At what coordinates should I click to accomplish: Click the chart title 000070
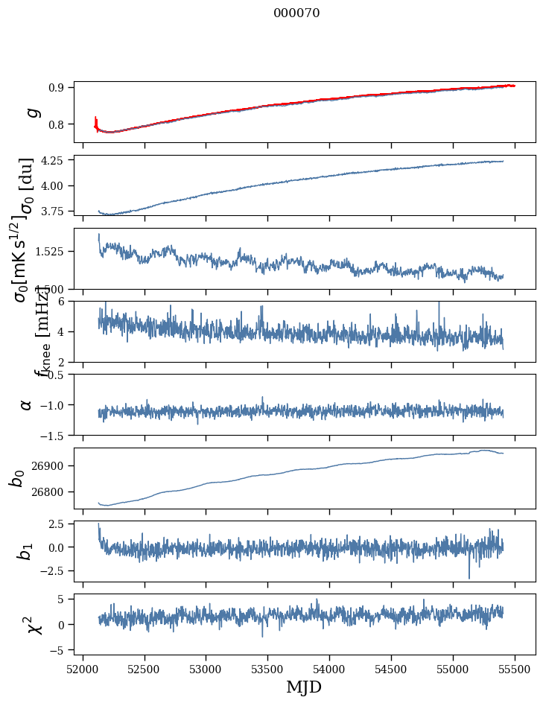(x=296, y=13)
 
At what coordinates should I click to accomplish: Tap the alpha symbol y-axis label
(x=26, y=404)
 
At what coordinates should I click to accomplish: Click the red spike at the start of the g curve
(x=96, y=121)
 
